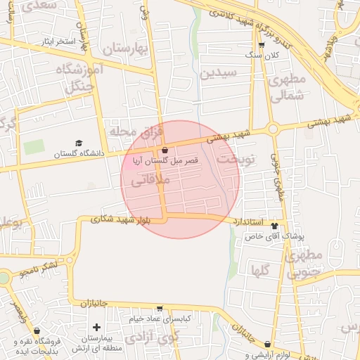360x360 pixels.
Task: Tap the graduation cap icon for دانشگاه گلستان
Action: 79,143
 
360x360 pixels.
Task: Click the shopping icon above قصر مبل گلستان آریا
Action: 165,150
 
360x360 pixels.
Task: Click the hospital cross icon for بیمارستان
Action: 96,327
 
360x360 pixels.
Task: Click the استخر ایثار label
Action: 56,41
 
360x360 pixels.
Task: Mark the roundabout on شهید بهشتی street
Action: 273,129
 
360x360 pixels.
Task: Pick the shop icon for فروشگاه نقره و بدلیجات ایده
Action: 37,330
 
